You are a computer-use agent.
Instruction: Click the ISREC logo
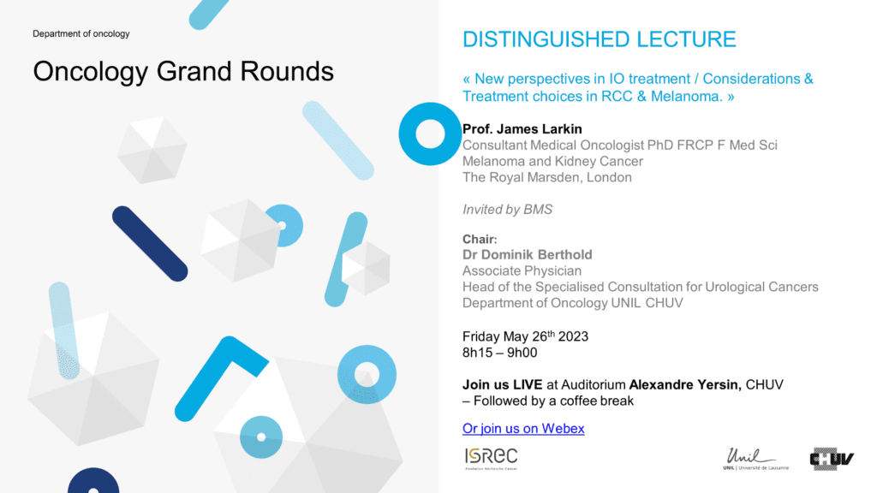[491, 459]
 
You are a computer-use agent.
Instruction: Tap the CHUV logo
[832, 459]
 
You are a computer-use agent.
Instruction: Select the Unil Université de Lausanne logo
[755, 459]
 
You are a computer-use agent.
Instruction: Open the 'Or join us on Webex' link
[523, 429]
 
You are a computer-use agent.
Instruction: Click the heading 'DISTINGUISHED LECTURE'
[599, 39]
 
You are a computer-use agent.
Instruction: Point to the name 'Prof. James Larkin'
[522, 129]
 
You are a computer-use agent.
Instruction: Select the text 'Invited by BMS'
[507, 210]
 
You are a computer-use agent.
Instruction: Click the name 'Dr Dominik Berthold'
[527, 255]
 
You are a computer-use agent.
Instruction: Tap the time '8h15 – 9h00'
[499, 353]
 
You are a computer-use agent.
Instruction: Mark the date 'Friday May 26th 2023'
[525, 336]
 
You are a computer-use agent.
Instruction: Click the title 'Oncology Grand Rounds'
[183, 72]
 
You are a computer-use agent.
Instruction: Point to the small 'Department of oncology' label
[81, 33]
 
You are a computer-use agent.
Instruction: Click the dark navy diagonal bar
[150, 244]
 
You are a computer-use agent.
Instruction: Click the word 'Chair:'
[480, 240]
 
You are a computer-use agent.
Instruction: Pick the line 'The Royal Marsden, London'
[547, 177]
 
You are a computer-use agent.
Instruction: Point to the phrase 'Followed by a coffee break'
[554, 401]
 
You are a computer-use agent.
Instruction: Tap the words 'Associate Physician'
[522, 271]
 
